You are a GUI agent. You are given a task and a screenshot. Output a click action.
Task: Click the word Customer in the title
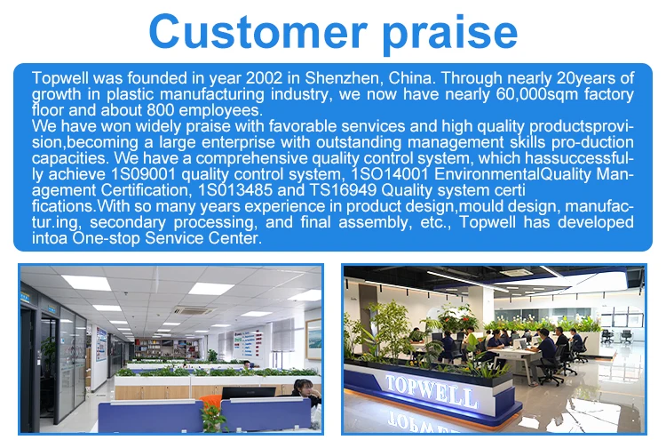258,31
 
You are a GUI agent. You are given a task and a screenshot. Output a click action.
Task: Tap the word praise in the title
450,33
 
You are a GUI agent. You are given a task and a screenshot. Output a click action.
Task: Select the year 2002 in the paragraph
265,78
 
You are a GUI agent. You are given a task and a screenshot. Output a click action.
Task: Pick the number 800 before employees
161,110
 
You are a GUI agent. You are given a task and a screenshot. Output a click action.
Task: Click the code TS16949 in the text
343,190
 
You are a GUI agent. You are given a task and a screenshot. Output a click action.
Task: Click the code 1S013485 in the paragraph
235,190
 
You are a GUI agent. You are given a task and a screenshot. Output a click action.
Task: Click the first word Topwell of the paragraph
59,78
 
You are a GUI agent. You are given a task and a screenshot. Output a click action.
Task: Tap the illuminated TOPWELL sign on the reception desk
432,391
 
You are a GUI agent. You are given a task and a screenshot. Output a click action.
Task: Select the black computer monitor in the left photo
249,393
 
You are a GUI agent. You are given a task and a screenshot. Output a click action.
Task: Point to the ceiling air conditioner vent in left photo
194,311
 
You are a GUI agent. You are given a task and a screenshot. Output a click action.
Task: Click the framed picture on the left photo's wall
313,340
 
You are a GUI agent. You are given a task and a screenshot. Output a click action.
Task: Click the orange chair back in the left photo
210,401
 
